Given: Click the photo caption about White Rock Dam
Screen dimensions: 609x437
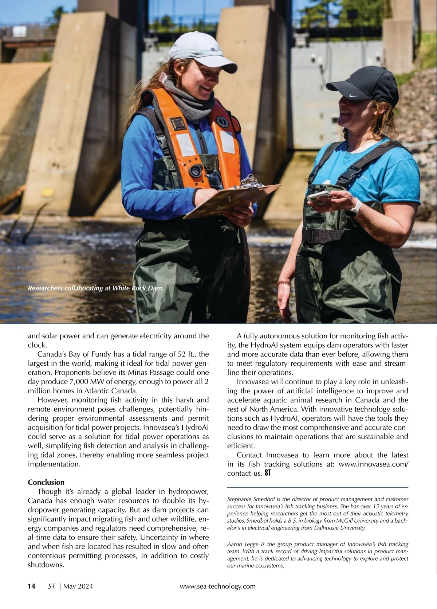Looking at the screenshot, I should tap(95, 288).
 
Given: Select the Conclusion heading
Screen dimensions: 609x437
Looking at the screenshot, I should tap(46, 482).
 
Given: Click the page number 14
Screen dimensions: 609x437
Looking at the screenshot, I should tap(32, 586).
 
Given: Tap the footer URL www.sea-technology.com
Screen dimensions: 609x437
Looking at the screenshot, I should tap(218, 586).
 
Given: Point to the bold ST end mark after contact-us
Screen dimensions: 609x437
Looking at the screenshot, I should tap(268, 473).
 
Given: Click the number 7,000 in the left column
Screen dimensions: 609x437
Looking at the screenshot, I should tap(80, 382).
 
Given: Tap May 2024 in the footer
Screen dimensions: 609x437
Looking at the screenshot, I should tap(78, 586).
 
